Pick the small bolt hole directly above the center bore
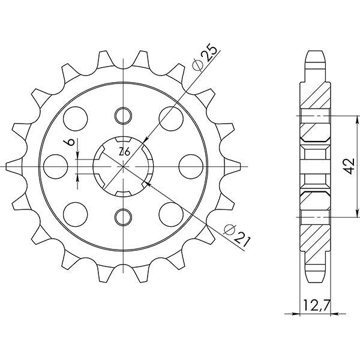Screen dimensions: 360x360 [123, 114]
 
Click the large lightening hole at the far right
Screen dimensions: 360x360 [190, 164]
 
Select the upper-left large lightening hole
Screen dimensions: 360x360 [76, 116]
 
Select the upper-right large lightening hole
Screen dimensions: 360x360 [170, 116]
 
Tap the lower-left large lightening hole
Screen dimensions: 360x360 [76, 212]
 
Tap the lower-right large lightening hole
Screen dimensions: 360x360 [170, 212]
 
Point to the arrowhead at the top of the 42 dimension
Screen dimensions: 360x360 [357, 115]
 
